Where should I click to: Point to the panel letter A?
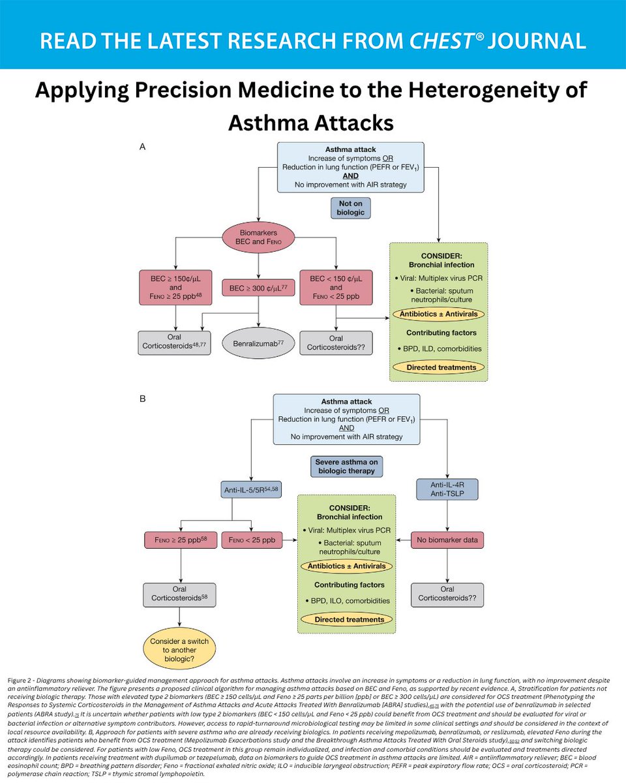143,148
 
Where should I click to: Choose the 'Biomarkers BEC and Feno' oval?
260,236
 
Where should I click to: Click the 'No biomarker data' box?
447,540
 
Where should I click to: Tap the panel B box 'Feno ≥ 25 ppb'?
179,540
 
